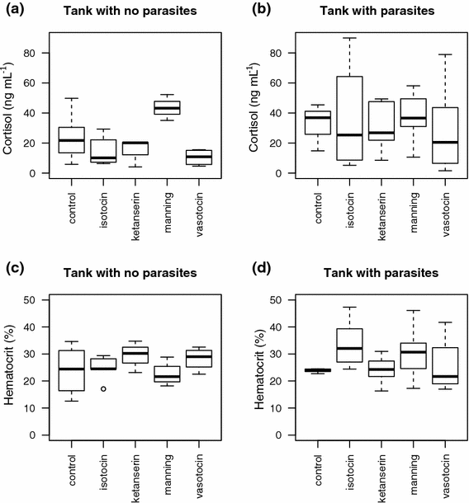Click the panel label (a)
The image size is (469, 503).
point(13,11)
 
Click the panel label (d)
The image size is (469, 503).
point(251,271)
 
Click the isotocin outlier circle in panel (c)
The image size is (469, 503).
point(103,388)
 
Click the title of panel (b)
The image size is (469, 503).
point(359,12)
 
